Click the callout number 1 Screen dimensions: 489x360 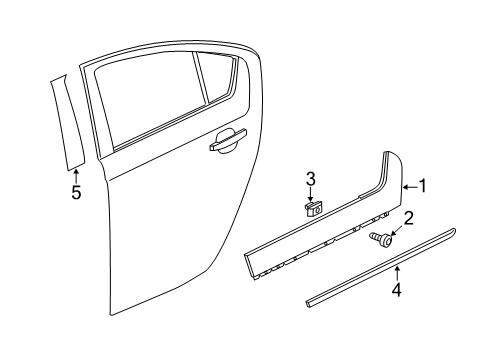424,185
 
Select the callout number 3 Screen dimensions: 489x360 311,179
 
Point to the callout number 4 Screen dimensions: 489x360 396,292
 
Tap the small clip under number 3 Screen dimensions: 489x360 312,209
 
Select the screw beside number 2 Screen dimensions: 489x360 381,265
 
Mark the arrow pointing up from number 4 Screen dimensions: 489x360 396,272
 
